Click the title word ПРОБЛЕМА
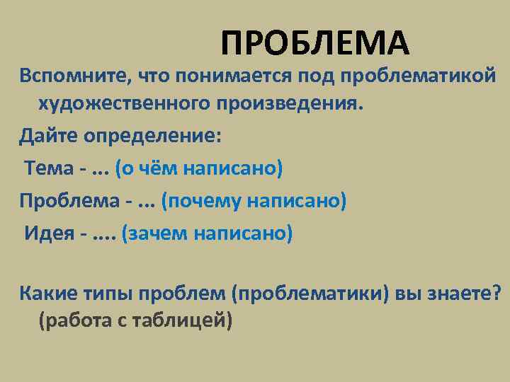tap(314, 43)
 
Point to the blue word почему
tap(202, 200)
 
